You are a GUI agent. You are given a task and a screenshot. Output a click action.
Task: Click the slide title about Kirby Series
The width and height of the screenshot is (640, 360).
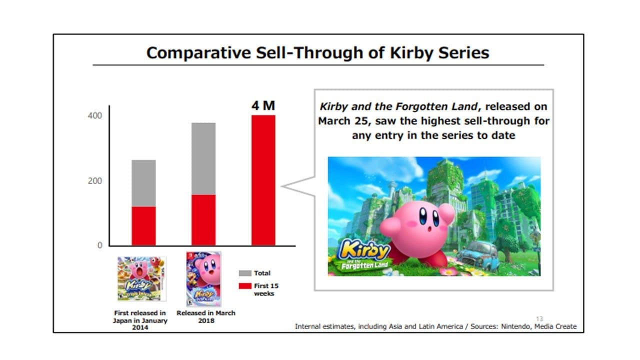click(x=317, y=52)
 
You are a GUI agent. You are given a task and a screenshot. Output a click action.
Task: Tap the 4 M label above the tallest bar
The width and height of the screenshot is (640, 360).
click(x=263, y=105)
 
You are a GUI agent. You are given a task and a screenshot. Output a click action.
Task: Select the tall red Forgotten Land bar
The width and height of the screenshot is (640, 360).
click(x=263, y=180)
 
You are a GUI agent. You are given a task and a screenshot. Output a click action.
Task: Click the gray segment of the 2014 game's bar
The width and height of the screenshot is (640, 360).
click(x=143, y=183)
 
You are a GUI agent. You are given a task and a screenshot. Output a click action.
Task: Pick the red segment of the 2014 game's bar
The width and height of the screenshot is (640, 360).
click(x=143, y=225)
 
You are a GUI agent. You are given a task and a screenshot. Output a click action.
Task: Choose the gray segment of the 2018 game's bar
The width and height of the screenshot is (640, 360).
click(x=203, y=158)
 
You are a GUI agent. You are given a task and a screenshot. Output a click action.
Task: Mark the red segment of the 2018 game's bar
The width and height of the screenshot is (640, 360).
click(x=203, y=219)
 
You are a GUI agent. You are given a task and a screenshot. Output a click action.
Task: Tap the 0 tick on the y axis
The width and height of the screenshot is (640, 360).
click(x=99, y=245)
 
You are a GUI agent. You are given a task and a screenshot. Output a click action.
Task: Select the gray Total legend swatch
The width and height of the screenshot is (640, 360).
click(x=245, y=273)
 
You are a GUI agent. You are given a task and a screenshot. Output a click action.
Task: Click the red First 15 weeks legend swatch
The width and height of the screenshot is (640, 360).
click(x=245, y=286)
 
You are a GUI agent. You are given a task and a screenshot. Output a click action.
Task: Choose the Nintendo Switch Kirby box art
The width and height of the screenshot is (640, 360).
click(x=203, y=278)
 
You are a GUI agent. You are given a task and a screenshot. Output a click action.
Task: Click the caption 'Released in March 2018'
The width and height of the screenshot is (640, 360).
click(x=205, y=316)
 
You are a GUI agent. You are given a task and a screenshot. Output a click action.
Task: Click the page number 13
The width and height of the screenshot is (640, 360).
click(x=539, y=319)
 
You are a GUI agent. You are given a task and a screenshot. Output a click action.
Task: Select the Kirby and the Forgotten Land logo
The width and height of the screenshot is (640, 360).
click(x=364, y=255)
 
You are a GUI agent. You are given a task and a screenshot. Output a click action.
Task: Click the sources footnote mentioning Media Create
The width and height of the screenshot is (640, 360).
click(x=435, y=326)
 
